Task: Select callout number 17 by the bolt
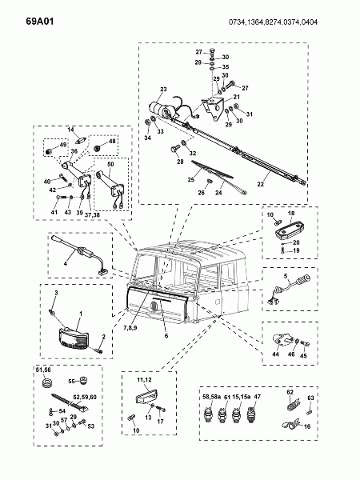click(159, 421)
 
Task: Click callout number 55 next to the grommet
click(71, 381)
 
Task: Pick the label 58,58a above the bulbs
click(212, 397)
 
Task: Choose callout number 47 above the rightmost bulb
click(258, 397)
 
